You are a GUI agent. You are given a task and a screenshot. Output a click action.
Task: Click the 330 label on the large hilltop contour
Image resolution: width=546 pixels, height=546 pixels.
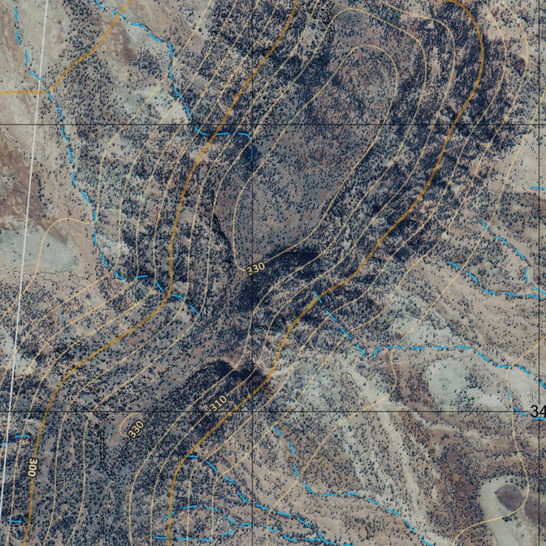(255, 269)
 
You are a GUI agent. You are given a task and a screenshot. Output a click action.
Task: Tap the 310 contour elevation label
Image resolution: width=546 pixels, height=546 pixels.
(218, 403)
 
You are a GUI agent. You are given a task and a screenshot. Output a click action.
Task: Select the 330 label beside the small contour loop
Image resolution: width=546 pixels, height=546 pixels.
(136, 428)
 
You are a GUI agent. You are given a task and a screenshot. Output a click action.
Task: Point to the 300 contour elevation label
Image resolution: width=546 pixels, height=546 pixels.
(33, 467)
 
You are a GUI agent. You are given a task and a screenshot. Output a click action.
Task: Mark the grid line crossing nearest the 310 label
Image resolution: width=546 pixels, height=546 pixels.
(252, 412)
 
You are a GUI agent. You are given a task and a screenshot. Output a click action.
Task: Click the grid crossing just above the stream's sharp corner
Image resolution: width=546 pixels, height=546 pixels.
(252, 124)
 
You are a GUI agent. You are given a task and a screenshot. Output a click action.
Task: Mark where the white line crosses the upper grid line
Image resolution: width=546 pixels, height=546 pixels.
(35, 124)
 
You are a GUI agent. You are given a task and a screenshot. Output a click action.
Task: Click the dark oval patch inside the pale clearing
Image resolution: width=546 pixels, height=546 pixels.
(509, 497)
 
